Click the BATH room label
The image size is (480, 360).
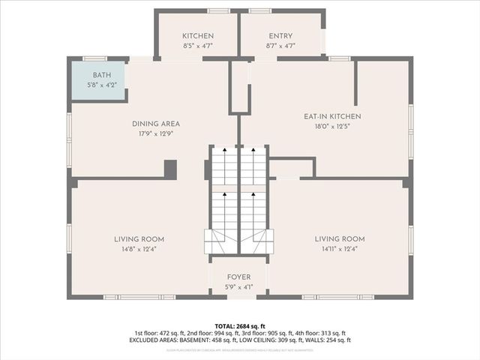pyautogui.click(x=101, y=76)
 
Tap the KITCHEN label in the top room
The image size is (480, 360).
pyautogui.click(x=198, y=36)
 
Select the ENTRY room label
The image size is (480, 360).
pyautogui.click(x=280, y=36)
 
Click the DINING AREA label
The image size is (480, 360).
pyautogui.click(x=156, y=124)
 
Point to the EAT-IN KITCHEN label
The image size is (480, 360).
pyautogui.click(x=332, y=116)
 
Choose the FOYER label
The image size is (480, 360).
pyautogui.click(x=238, y=277)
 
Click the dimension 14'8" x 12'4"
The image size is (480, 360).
pyautogui.click(x=135, y=249)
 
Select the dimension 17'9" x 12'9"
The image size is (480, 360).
pyautogui.click(x=156, y=134)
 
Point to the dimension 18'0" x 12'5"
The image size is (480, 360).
pyautogui.click(x=332, y=127)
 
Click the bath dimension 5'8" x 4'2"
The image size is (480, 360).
pyautogui.click(x=101, y=85)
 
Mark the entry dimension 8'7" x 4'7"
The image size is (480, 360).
pyautogui.click(x=280, y=46)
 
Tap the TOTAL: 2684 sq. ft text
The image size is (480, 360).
pyautogui.click(x=239, y=326)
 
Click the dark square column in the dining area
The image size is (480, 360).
pyautogui.click(x=170, y=169)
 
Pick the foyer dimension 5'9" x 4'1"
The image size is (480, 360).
pyautogui.click(x=238, y=287)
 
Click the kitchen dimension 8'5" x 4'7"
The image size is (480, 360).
pyautogui.click(x=198, y=46)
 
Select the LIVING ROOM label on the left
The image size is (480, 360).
pyautogui.click(x=135, y=238)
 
